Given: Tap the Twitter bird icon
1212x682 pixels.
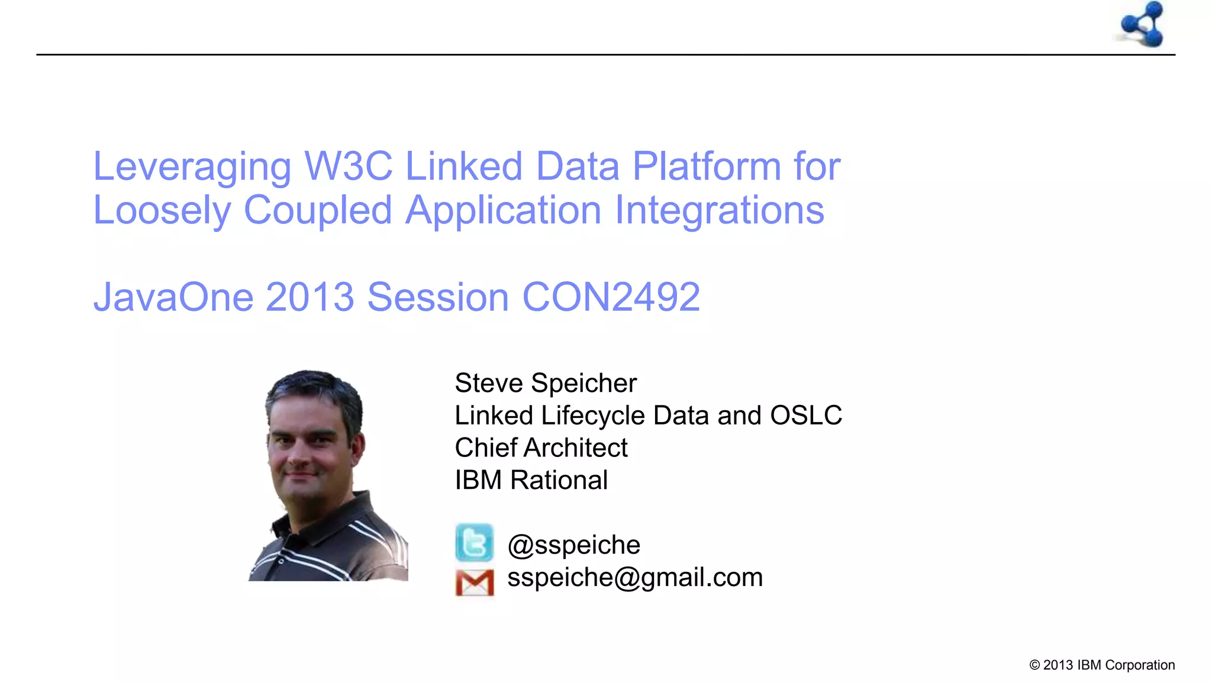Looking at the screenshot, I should (474, 542).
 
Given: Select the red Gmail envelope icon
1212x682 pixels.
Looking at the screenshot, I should (475, 583).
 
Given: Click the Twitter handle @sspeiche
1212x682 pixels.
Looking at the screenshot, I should (573, 545).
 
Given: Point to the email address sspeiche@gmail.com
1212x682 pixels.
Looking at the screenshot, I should (635, 577).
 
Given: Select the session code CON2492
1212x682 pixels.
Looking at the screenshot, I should (611, 297).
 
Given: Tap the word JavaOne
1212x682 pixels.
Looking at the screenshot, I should (173, 297).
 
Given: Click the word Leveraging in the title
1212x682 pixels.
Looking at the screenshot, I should (192, 167).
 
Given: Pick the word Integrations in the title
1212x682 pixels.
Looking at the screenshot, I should (719, 210).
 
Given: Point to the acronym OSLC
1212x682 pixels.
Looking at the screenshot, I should (806, 416).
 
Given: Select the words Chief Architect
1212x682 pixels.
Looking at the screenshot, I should (541, 448).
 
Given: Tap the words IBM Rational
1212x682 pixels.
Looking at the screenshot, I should (531, 480).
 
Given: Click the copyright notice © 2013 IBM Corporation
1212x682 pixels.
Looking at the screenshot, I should (1102, 665).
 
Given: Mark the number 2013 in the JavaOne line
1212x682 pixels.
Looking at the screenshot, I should (310, 297).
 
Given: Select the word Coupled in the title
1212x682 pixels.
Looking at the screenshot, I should (318, 210).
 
